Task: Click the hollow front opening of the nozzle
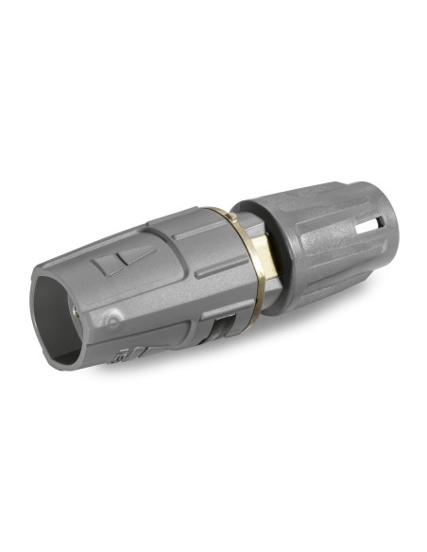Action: point(59,302)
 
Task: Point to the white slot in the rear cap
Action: point(380,224)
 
